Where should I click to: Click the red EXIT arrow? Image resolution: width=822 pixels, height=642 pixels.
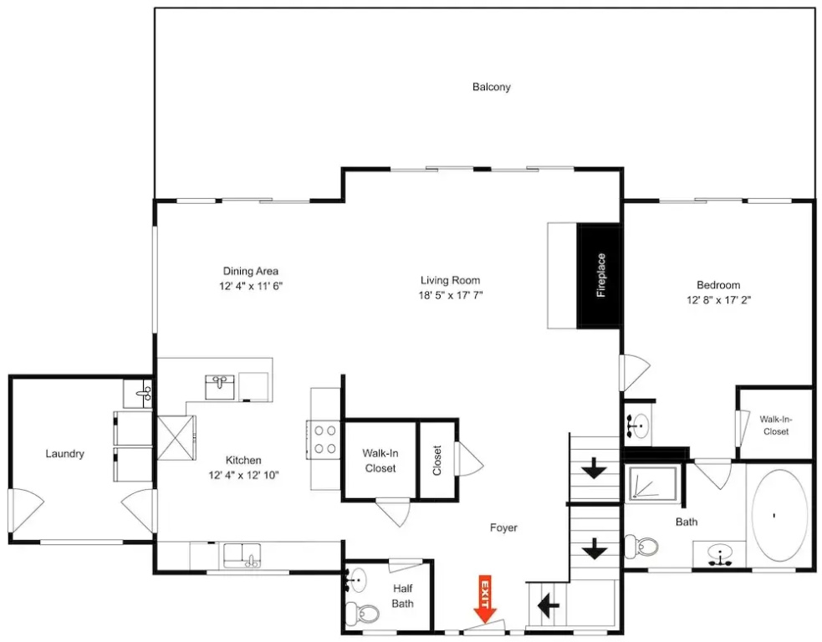point(486,599)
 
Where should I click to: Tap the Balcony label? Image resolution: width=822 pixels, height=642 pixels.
point(491,87)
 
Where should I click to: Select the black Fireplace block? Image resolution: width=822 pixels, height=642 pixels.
point(599,276)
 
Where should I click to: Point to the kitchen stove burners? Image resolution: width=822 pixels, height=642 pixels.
point(324,440)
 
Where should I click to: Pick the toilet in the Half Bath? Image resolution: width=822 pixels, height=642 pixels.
point(363,612)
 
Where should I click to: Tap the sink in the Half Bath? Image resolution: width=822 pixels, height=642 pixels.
point(357,579)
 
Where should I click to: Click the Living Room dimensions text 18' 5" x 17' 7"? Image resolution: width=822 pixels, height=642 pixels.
point(451,295)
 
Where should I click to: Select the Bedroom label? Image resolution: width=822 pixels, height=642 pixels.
point(718,285)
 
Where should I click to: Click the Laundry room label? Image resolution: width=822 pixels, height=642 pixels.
point(64,454)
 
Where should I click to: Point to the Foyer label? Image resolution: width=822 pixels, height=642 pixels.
point(503,527)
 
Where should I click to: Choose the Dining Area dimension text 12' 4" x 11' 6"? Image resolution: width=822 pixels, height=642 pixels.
point(251,286)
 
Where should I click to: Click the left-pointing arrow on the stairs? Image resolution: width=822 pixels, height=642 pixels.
point(548,606)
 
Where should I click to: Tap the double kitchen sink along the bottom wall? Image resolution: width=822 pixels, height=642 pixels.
point(243,556)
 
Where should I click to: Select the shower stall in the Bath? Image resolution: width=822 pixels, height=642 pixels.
point(653,482)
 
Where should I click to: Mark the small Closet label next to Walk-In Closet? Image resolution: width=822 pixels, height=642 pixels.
point(437,460)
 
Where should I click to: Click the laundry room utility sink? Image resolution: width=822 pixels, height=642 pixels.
point(138,393)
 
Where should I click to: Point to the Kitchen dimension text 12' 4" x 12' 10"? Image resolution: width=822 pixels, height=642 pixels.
point(244,476)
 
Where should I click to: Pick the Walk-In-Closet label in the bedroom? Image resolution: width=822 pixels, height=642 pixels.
point(776,425)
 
